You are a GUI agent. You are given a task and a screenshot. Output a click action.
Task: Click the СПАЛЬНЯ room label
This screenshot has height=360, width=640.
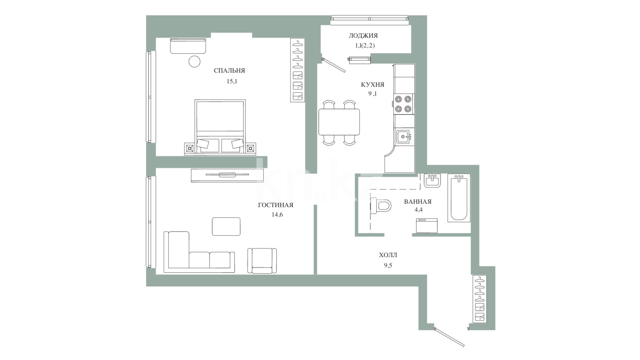[x=229, y=71]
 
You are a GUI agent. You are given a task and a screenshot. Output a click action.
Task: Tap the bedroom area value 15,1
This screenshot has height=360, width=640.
[x=232, y=81]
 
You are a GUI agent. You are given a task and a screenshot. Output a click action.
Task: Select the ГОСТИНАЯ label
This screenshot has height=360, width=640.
[x=275, y=205]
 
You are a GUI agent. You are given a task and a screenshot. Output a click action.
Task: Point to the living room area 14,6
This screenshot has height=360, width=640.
[x=277, y=215]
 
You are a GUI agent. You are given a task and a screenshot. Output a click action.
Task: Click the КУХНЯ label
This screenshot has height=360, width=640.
[x=373, y=85]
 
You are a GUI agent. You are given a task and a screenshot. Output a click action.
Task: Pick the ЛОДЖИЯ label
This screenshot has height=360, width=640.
[x=363, y=36]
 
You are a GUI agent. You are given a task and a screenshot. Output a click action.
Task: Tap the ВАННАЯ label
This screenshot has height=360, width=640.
[x=418, y=202]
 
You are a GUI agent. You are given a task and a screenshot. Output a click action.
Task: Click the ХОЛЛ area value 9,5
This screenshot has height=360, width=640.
[x=388, y=266]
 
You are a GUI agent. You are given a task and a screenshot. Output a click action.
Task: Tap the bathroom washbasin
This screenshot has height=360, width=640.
[x=433, y=181]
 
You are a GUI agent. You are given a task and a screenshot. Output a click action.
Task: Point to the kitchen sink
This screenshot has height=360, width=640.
[x=404, y=136]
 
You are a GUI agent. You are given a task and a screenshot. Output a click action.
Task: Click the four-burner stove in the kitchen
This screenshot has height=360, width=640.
[x=403, y=104]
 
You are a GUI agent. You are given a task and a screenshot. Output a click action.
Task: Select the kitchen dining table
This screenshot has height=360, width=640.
[x=339, y=122]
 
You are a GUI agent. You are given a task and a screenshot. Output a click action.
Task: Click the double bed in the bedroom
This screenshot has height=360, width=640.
[x=220, y=127]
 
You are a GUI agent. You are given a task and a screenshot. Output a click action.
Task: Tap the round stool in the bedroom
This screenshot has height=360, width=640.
[x=194, y=62]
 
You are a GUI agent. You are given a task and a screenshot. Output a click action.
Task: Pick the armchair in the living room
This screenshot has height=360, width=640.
[x=262, y=261]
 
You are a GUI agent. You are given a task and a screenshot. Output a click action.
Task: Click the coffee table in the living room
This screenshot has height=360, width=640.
[x=226, y=226]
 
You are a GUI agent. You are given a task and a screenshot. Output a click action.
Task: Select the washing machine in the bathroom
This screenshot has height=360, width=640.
[x=427, y=226]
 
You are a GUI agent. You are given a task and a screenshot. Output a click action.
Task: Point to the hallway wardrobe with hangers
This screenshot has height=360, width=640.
[x=480, y=299]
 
